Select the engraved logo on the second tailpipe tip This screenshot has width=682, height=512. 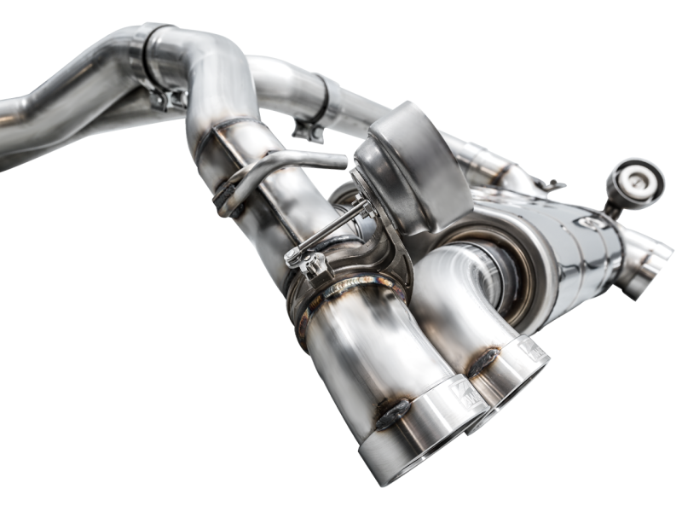click(530, 348)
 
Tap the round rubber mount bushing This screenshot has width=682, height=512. click(635, 178)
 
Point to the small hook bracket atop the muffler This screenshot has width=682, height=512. click(551, 185)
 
